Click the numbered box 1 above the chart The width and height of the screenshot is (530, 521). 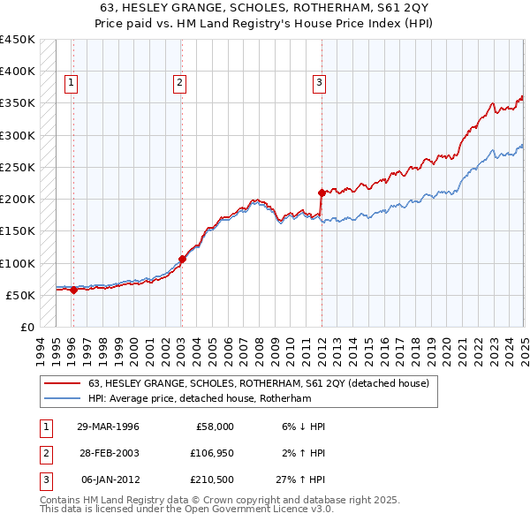point(70,84)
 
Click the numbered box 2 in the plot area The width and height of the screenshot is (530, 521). point(179,84)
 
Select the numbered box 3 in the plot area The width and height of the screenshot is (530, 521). point(318,84)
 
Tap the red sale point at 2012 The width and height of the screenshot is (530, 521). point(321,192)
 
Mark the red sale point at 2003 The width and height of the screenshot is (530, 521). point(182,259)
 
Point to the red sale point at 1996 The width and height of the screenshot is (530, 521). point(73,290)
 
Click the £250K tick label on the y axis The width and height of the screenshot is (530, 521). point(17,167)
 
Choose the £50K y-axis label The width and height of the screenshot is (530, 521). point(20,295)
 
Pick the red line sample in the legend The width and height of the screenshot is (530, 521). point(62,383)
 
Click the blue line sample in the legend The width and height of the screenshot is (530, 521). point(62,398)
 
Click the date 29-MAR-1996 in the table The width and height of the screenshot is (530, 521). point(108,427)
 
